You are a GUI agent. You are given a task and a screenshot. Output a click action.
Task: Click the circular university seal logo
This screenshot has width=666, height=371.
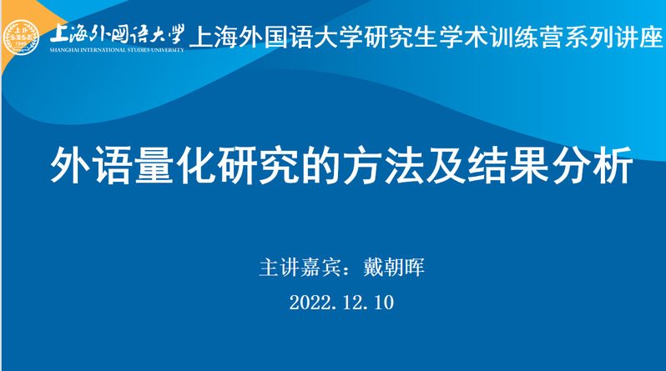(x=21, y=38)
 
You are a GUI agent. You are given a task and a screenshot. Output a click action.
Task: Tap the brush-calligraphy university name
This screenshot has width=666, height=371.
(x=117, y=34)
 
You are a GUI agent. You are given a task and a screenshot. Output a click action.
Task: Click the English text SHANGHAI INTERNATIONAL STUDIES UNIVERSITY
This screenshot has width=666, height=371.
(x=117, y=50)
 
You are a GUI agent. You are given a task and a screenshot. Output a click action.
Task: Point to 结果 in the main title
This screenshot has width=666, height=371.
(x=508, y=165)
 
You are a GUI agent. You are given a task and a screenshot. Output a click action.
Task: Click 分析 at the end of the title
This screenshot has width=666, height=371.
(x=592, y=165)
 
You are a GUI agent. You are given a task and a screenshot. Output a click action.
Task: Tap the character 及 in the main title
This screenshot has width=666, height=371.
(x=446, y=165)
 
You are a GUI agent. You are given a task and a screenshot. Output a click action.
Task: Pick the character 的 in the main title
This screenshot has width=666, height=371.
(x=320, y=165)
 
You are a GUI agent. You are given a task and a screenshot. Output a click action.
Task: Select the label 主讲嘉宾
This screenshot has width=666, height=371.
(x=300, y=268)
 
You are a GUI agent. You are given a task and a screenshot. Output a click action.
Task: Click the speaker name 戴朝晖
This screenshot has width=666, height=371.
(x=394, y=268)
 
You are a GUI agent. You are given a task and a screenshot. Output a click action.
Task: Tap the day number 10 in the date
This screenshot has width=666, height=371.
(x=384, y=303)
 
